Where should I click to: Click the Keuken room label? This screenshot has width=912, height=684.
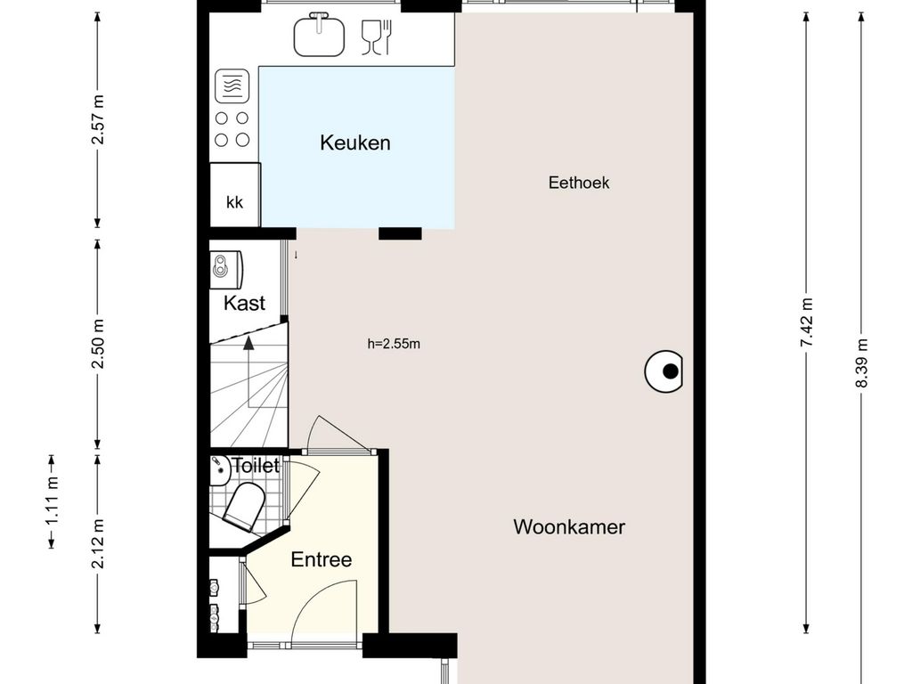tap(354, 142)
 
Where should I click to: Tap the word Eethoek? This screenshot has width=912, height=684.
tap(579, 183)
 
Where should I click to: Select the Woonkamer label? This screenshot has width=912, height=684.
tap(569, 527)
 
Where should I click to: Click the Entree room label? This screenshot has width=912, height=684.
tap(321, 559)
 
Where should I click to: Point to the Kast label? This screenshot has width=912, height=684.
tap(244, 303)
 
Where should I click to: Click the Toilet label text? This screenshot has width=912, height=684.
tap(256, 465)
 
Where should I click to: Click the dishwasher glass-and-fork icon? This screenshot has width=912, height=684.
tap(377, 37)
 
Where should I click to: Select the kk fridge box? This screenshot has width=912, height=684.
tap(235, 195)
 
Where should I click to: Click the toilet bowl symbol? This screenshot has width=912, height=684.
tap(245, 506)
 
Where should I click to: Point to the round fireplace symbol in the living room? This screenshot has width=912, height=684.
tap(664, 371)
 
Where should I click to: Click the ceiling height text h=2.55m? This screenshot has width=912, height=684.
tap(394, 344)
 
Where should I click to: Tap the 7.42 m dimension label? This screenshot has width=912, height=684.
tap(806, 322)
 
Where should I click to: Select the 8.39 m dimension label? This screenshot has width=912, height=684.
tap(861, 363)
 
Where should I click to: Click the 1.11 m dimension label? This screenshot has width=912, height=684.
tap(52, 501)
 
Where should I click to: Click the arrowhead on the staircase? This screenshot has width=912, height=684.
tap(248, 343)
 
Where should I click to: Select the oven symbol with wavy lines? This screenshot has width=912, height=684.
tap(232, 86)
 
